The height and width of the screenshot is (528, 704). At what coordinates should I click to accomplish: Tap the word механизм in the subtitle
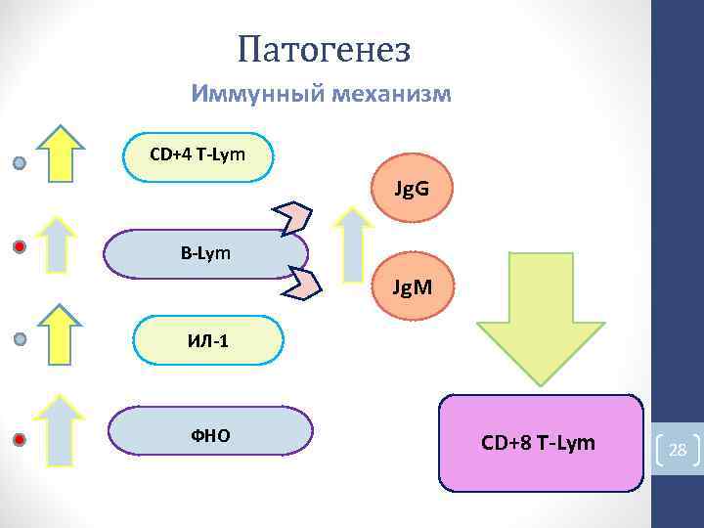coord(391,95)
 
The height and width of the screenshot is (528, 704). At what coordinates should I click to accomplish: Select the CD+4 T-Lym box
coord(199,156)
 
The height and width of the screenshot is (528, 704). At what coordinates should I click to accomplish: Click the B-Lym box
coord(205,254)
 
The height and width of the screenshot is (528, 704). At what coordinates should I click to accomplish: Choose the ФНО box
coord(210,431)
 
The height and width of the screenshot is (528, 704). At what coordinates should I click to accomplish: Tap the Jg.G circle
coord(412,189)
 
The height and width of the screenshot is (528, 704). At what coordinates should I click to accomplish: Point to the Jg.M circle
coord(414,288)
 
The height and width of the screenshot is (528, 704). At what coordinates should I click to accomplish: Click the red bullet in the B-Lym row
coord(20,247)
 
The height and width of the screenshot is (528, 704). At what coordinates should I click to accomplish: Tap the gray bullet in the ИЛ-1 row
coord(20,340)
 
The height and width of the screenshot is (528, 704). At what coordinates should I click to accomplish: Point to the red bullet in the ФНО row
coord(20,439)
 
